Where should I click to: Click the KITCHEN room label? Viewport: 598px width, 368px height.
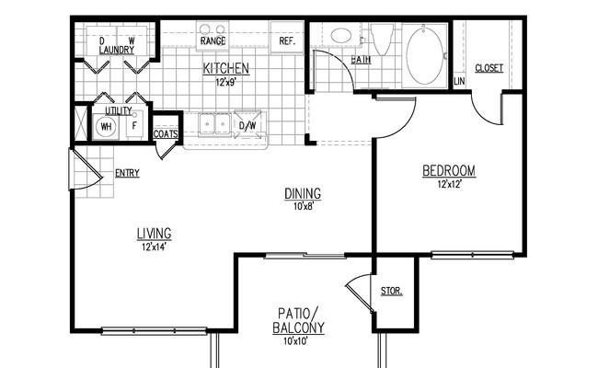tap(225, 69)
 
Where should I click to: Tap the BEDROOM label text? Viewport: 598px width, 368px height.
tap(449, 170)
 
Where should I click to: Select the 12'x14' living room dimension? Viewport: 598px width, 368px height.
tap(154, 247)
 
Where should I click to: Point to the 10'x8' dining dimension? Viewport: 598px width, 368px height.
tap(304, 207)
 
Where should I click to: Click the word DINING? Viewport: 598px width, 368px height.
tap(303, 193)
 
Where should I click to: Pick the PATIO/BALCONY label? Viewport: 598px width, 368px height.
tap(298, 321)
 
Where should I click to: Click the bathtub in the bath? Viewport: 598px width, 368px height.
tap(425, 56)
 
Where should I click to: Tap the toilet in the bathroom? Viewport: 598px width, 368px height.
tap(382, 39)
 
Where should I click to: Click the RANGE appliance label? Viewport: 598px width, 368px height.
tap(213, 40)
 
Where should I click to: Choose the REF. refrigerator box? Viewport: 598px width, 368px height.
tap(287, 37)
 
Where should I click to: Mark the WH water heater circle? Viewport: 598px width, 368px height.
tap(106, 127)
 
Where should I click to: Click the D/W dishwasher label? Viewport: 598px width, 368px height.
tap(247, 125)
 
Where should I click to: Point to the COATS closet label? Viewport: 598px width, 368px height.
tap(166, 134)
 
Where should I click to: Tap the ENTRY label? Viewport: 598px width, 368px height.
tap(127, 173)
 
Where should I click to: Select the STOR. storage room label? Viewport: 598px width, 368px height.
tap(392, 292)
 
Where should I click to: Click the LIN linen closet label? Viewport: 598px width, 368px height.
tap(460, 81)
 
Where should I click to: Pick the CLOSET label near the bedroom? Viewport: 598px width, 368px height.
tap(489, 68)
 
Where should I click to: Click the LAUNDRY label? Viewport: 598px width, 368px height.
tap(117, 50)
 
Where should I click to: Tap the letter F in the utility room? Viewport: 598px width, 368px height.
tap(134, 125)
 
